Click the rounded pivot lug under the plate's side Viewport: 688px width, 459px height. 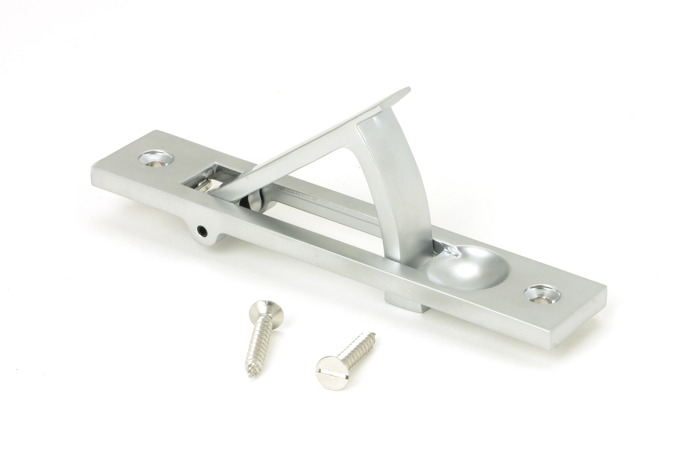pos(206,234)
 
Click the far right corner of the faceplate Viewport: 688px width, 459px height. pos(605,295)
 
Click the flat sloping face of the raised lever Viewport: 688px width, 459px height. pos(310,145)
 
